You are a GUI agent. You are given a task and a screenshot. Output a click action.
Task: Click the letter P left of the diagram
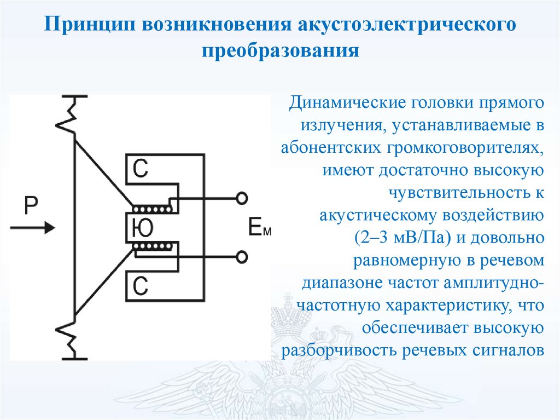pos(31,205)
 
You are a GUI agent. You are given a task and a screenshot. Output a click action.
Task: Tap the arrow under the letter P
pos(32,228)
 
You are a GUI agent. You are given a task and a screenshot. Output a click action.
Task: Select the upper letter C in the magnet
pos(140,169)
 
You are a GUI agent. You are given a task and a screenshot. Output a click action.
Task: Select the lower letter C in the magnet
pos(140,286)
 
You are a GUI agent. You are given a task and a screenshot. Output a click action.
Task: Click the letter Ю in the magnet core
pos(143,228)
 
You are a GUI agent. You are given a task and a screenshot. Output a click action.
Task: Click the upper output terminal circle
pos(242,198)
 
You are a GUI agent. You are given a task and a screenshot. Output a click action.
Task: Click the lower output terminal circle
pos(242,257)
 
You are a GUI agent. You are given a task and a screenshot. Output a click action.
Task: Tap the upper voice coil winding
pos(152,209)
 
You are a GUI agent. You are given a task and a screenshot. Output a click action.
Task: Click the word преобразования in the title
pos(281,50)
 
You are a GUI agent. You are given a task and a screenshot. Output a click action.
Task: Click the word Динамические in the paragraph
pos(347,103)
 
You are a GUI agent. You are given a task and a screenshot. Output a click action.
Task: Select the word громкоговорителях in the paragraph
pos(465,148)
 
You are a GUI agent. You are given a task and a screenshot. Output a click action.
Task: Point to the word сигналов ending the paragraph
pos(509,350)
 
